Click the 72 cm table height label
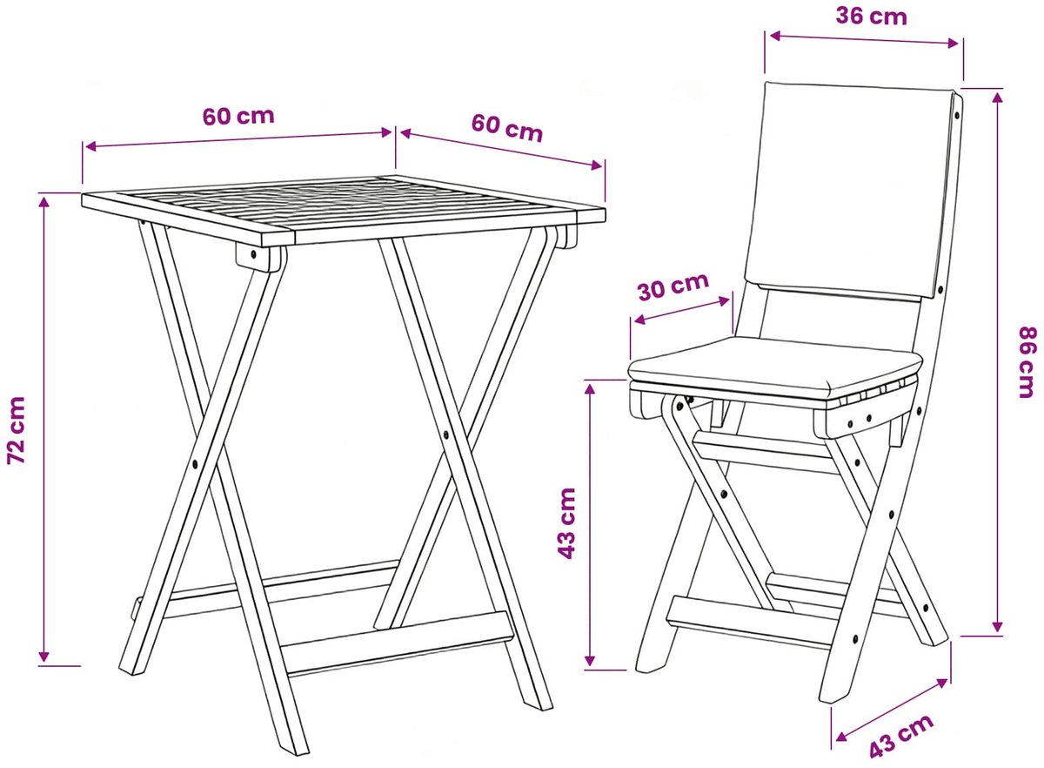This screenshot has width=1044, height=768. [x=16, y=431]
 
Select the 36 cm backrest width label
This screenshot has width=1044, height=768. [x=871, y=17]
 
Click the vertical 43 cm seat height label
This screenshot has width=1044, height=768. [x=566, y=523]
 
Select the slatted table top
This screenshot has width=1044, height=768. [x=344, y=210]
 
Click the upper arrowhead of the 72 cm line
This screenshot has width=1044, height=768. [x=43, y=201]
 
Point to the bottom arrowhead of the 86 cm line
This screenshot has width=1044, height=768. [x=997, y=627]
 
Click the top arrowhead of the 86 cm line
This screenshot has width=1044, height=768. [x=997, y=98]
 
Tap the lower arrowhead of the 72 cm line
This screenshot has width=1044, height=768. [x=43, y=656]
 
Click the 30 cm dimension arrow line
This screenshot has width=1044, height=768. [x=682, y=310]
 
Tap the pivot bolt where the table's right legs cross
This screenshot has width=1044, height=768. [x=446, y=434]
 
